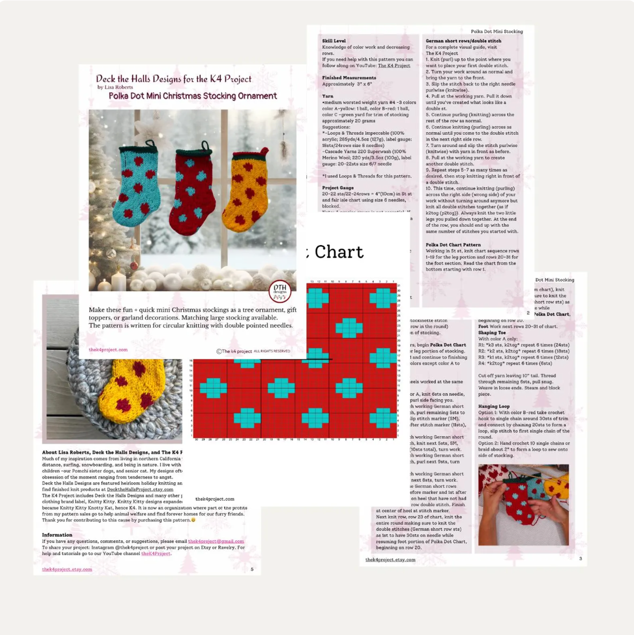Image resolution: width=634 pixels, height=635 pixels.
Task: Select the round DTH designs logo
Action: [x=280, y=291]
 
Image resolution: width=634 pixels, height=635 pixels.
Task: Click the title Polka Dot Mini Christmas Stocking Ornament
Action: [x=193, y=96]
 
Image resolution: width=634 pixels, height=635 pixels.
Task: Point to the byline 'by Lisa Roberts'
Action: [x=115, y=87]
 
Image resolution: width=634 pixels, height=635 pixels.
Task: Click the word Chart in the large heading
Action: [x=339, y=252]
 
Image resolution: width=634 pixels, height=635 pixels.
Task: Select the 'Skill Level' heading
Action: [x=334, y=41]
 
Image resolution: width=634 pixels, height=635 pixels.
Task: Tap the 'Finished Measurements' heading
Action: [x=349, y=77]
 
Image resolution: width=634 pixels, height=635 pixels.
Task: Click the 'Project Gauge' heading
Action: [x=338, y=188]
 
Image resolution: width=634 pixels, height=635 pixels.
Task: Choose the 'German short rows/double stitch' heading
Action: [x=463, y=41]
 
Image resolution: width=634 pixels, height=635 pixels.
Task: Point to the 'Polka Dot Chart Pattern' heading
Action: [x=453, y=245]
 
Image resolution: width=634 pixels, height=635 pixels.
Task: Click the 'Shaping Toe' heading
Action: [x=492, y=333]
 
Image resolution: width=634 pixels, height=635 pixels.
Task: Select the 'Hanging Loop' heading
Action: [x=494, y=406]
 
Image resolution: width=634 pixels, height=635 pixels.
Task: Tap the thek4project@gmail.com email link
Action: [x=216, y=541]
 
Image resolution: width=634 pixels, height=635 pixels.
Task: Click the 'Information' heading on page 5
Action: [x=57, y=535]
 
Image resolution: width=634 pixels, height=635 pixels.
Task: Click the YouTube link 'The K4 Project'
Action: [x=393, y=65]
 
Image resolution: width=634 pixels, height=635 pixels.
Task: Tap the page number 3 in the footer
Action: [x=580, y=559]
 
